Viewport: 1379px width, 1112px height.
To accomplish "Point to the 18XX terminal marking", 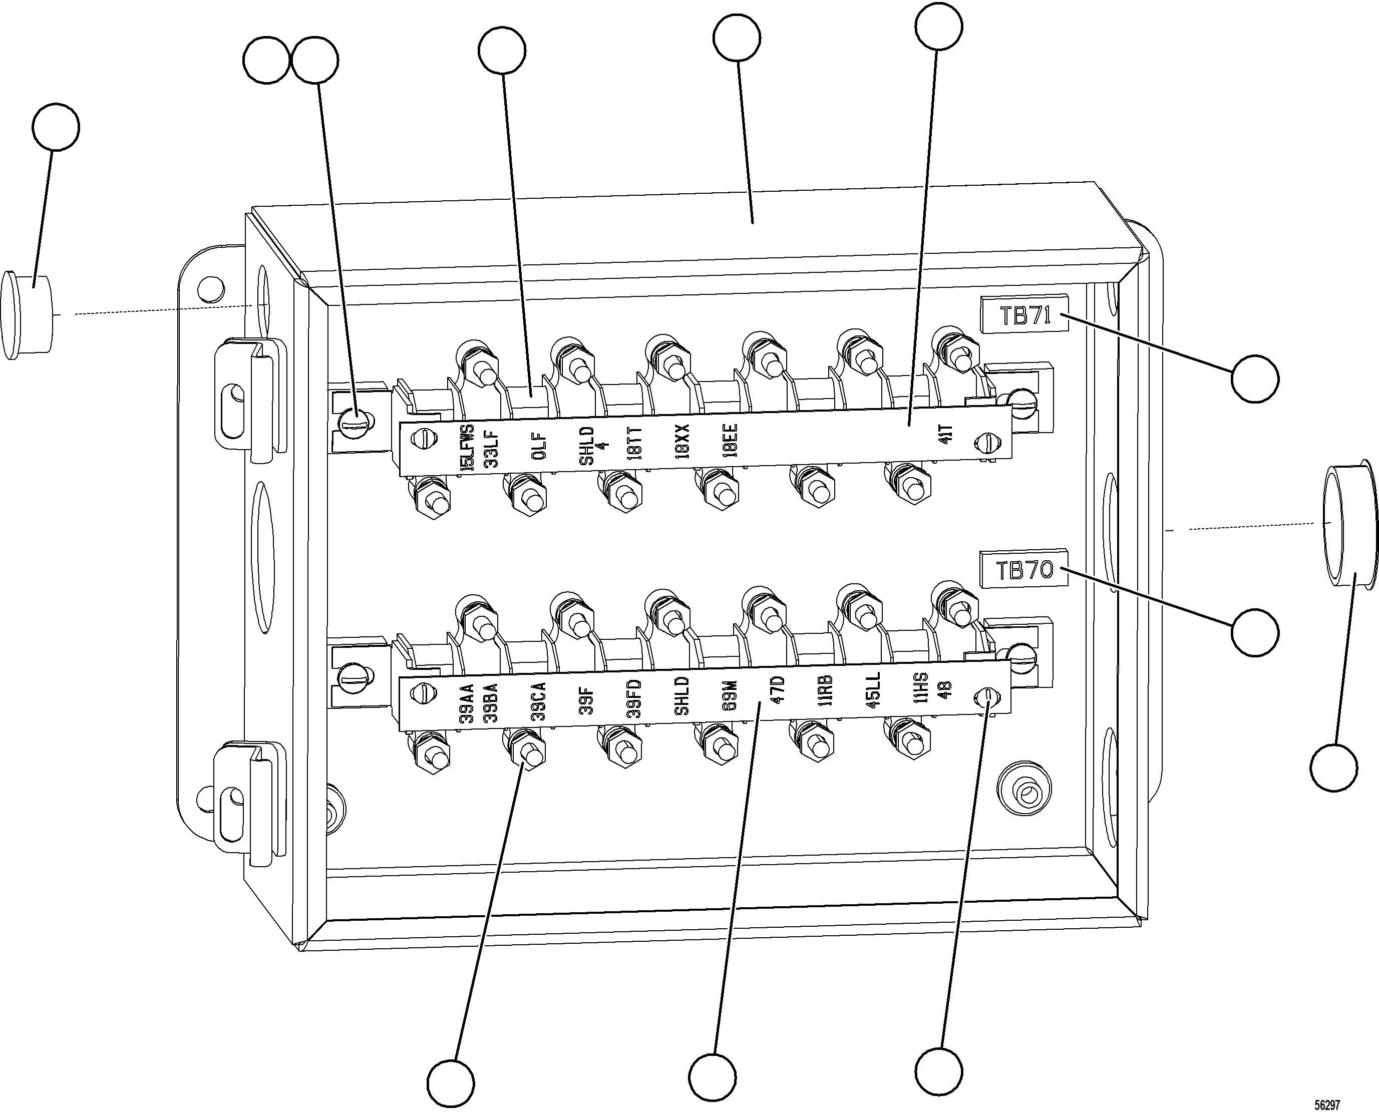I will pyautogui.click(x=683, y=441).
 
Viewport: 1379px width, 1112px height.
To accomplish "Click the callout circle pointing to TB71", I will pyautogui.click(x=1255, y=379).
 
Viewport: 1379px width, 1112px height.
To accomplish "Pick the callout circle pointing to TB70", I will pyautogui.click(x=1255, y=632).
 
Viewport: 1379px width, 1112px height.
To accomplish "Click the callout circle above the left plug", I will pyautogui.click(x=56, y=127).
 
